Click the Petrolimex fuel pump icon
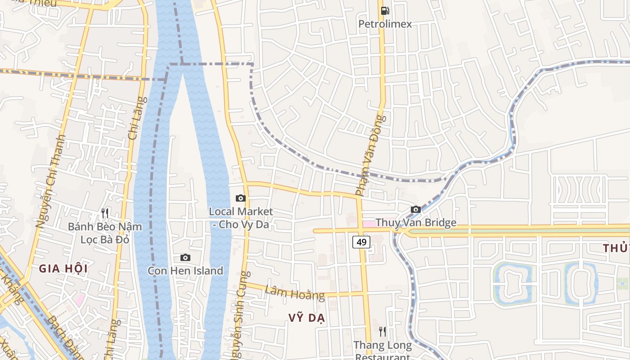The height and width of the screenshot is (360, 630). [x=385, y=11]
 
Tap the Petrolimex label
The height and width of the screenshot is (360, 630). [x=385, y=24]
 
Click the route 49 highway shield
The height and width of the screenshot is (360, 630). [x=361, y=242]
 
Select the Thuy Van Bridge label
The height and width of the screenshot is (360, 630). [x=416, y=223]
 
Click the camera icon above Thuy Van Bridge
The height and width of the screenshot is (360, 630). [x=416, y=210]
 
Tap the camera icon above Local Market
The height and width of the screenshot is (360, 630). [x=241, y=198]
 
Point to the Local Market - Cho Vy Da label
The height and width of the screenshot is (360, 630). [x=241, y=218]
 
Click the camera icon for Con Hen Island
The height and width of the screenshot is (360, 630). [x=185, y=258]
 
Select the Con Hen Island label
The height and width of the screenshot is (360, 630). [x=185, y=271]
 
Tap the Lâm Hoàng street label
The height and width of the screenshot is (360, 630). [x=295, y=292]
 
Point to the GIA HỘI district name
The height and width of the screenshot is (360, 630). [x=63, y=269]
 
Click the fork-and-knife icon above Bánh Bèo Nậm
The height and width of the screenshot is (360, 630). [x=105, y=213]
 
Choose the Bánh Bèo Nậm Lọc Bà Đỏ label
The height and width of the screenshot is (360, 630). [x=105, y=233]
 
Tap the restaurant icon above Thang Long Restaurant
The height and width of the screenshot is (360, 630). [x=382, y=332]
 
